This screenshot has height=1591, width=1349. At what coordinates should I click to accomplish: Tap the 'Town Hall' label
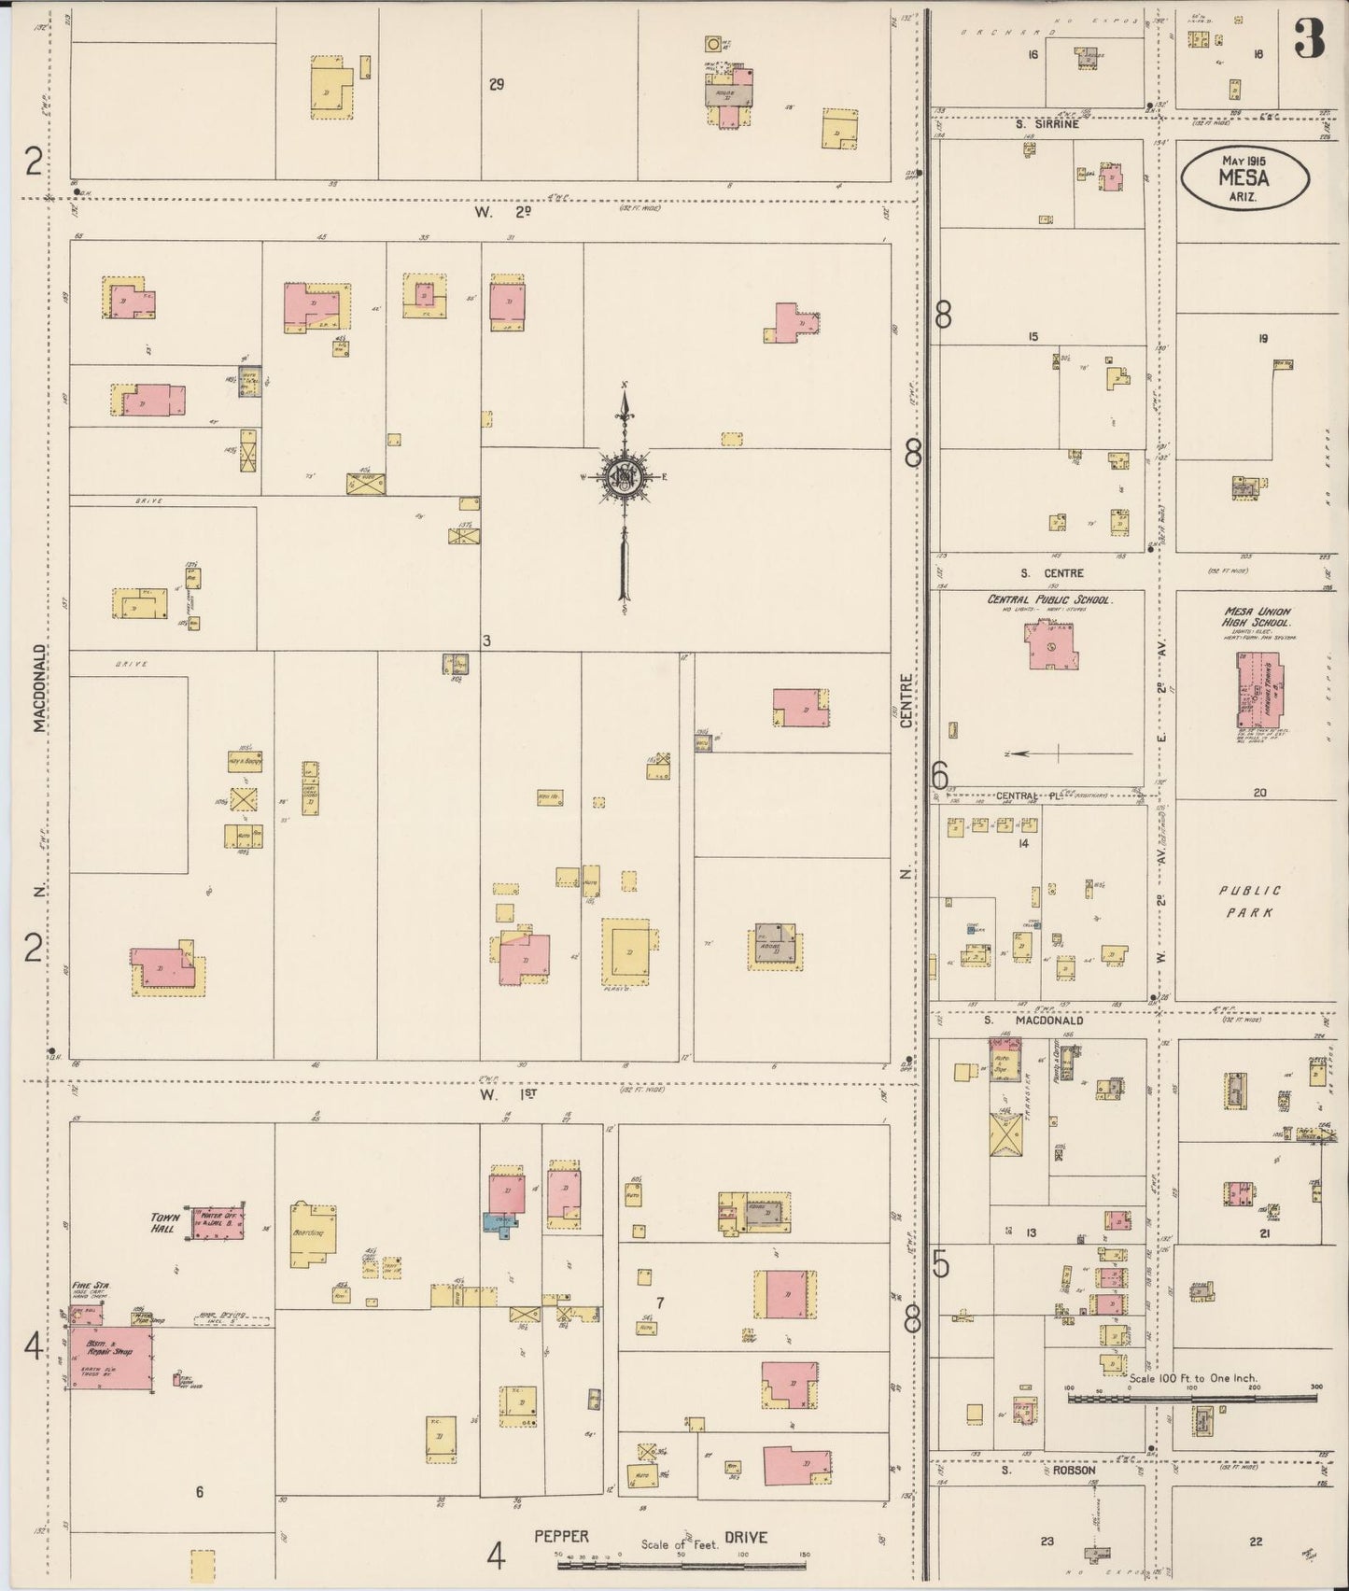165,1222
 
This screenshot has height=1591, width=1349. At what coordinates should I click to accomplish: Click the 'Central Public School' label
1050,599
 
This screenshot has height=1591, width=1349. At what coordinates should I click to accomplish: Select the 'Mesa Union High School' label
1257,617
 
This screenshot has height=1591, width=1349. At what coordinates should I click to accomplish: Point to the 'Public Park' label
1250,902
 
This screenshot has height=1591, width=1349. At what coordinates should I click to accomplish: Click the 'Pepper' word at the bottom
561,1536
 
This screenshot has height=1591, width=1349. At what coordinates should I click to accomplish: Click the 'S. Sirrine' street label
1047,123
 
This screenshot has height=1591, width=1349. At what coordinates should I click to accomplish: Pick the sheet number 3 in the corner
1310,38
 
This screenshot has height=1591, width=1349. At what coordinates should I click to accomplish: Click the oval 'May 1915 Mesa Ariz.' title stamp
1244,178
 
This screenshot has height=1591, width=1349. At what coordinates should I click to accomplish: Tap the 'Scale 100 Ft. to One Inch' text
1192,1377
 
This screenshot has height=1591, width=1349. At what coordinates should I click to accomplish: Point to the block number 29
497,85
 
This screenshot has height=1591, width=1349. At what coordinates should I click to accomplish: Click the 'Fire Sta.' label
91,1286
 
